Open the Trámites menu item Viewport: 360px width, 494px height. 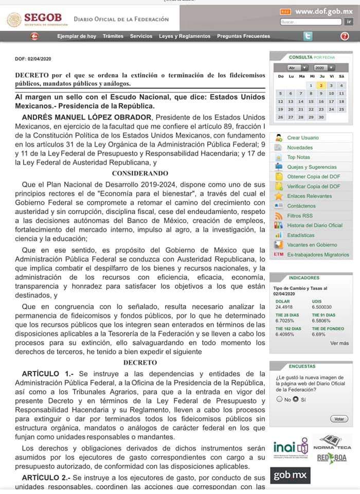pyautogui.click(x=113, y=36)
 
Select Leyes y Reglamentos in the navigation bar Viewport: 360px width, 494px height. pyautogui.click(x=185, y=36)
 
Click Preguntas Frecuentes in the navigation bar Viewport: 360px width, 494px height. pyautogui.click(x=243, y=36)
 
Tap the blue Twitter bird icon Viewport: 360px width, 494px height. pyautogui.click(x=308, y=36)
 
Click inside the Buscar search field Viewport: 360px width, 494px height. pyautogui.click(x=311, y=22)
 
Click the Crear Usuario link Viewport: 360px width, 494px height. pyautogui.click(x=302, y=138)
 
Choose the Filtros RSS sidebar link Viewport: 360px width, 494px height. pyautogui.click(x=300, y=216)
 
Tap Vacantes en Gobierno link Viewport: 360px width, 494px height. pyautogui.click(x=312, y=245)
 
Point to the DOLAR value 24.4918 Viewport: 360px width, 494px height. pyautogui.click(x=283, y=307)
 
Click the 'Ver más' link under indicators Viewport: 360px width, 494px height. pyautogui.click(x=339, y=343)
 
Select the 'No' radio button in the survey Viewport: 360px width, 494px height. pyautogui.click(x=279, y=399)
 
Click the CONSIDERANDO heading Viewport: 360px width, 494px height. pyautogui.click(x=140, y=173)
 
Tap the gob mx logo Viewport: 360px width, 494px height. pyautogui.click(x=292, y=475)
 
